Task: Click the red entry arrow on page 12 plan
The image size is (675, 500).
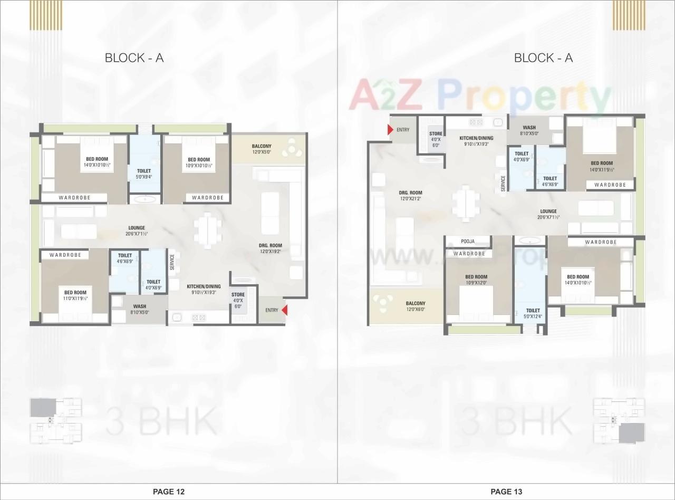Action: (284, 310)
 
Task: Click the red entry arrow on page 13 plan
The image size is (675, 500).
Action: (390, 130)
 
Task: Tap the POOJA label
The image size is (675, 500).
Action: (468, 242)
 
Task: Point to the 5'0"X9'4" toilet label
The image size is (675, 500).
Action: (143, 174)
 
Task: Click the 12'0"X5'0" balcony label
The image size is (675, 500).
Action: (262, 149)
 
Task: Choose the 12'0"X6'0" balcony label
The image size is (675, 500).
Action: (416, 306)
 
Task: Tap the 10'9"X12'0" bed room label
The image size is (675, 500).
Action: (476, 280)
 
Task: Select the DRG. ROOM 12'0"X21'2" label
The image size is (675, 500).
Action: (410, 196)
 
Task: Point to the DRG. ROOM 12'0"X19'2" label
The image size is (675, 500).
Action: (271, 248)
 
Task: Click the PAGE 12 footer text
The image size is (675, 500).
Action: (169, 492)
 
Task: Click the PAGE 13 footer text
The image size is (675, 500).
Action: (506, 492)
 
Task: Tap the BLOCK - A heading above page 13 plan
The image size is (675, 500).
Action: (543, 57)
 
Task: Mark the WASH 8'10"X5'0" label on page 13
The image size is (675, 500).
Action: (529, 131)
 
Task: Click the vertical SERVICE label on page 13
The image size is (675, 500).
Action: (503, 183)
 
